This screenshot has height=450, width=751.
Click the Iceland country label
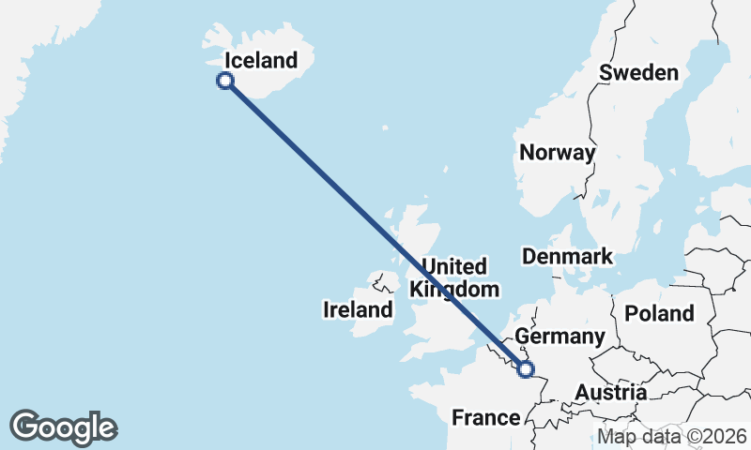click(261, 61)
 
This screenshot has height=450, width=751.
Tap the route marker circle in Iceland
click(225, 81)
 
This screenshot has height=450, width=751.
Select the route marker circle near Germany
click(525, 369)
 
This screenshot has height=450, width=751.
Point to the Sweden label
click(638, 73)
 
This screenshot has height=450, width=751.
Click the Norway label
click(558, 153)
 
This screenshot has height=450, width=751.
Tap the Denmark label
click(567, 256)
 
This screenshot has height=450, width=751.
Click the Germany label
click(560, 337)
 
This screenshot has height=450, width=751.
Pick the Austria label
click(610, 393)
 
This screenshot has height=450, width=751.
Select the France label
click(485, 417)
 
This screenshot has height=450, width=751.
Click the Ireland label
click(357, 309)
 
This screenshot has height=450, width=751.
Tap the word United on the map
click(454, 266)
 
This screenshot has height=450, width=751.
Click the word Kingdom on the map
click(455, 290)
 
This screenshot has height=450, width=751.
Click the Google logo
click(64, 427)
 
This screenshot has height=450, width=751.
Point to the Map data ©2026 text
click(672, 436)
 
